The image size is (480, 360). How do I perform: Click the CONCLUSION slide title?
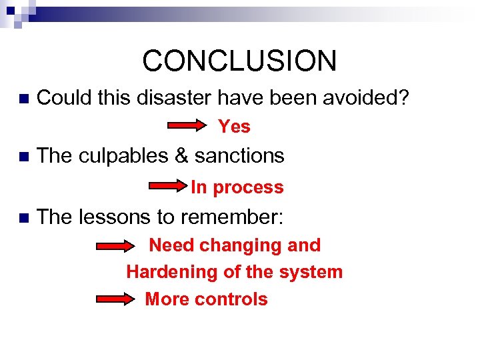239,61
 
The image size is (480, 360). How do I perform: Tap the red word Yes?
234,126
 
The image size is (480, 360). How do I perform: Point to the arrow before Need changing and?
116,246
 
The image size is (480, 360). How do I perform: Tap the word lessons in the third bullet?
113,216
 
